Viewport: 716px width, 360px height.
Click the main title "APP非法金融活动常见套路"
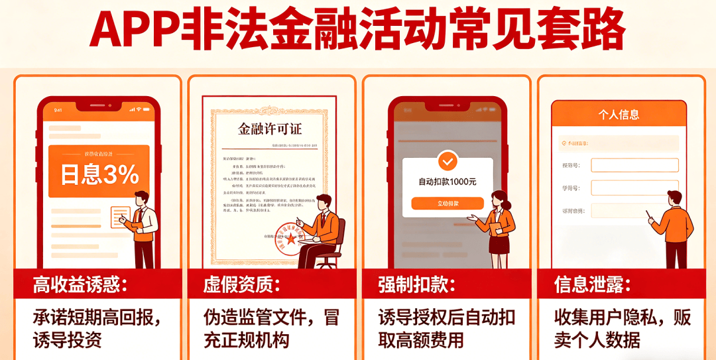tap(357, 30)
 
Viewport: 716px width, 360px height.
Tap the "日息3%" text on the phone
tap(99, 175)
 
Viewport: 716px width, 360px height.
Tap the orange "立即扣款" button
tap(447, 204)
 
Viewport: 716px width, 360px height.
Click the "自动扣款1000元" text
tap(447, 181)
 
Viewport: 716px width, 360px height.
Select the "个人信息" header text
tap(619, 114)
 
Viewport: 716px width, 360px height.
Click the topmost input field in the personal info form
tap(634, 165)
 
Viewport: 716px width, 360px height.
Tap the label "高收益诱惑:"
tap(80, 286)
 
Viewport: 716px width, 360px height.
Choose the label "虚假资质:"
tap(241, 286)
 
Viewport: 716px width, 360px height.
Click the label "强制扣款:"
tap(417, 286)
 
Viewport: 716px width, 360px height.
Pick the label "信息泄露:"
tap(592, 286)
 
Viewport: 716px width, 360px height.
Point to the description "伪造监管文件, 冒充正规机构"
tap(271, 329)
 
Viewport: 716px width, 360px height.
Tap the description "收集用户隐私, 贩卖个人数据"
tap(622, 329)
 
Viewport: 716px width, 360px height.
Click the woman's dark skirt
tap(499, 243)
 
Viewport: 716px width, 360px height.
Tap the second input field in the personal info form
tap(634, 188)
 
